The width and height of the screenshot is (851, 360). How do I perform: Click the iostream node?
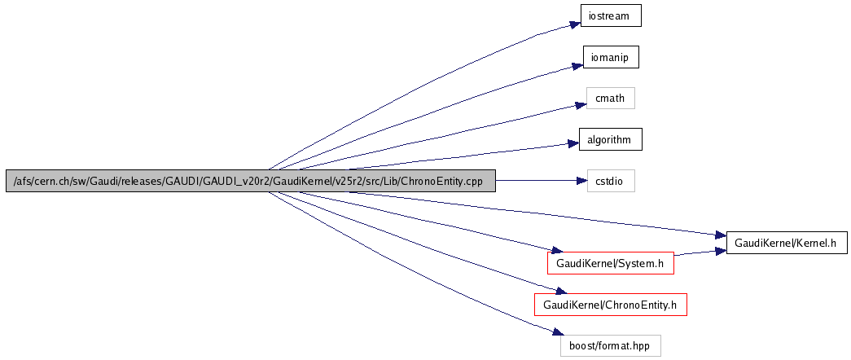(611, 15)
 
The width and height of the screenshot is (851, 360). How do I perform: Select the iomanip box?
(611, 57)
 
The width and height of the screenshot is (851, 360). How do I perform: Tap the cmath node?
(611, 99)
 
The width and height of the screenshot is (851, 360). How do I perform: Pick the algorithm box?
(611, 139)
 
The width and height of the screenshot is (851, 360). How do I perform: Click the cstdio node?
(611, 181)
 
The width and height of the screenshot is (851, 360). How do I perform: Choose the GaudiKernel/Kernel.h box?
(786, 243)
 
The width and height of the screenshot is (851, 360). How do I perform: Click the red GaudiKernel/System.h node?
(611, 263)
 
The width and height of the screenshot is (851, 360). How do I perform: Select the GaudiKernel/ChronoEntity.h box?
(611, 305)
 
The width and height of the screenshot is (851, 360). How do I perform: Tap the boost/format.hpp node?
(611, 345)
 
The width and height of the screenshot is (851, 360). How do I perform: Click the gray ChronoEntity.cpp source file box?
(251, 181)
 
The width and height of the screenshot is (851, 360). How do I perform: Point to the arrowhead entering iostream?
(573, 24)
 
